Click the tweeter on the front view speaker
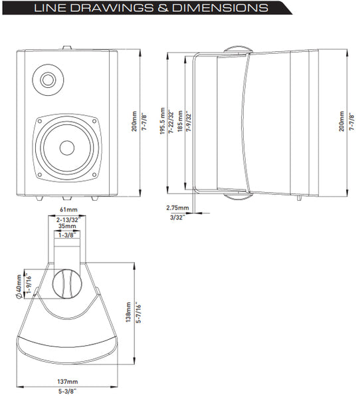48,80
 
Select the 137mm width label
67,382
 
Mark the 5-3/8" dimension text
68,390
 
